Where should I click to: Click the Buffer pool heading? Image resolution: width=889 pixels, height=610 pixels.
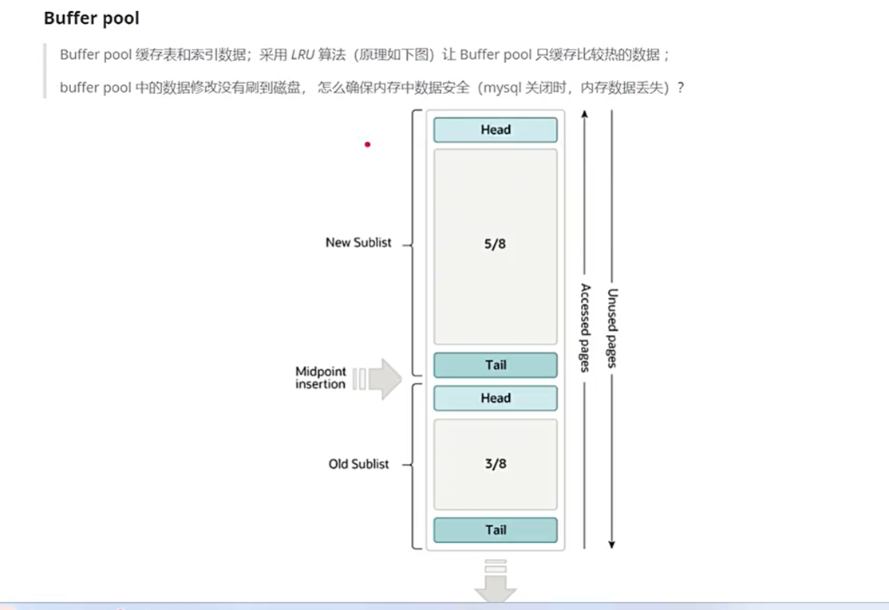pyautogui.click(x=91, y=18)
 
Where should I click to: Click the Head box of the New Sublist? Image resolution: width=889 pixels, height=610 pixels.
pyautogui.click(x=495, y=130)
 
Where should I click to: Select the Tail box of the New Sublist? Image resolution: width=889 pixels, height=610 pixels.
pyautogui.click(x=495, y=365)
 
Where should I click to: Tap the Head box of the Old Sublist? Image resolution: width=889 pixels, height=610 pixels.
pyautogui.click(x=495, y=399)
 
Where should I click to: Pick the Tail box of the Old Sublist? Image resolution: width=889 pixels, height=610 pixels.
pyautogui.click(x=495, y=530)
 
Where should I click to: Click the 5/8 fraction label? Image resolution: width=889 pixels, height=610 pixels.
pyautogui.click(x=495, y=244)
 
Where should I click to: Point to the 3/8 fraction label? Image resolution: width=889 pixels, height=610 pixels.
pyautogui.click(x=495, y=463)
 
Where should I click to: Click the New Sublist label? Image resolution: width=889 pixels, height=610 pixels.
pyautogui.click(x=358, y=242)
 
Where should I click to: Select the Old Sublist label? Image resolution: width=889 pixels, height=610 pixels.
pyautogui.click(x=358, y=464)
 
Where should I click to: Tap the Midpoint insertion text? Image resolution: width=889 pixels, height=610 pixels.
pyautogui.click(x=320, y=378)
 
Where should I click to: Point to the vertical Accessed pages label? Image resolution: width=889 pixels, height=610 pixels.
pyautogui.click(x=585, y=328)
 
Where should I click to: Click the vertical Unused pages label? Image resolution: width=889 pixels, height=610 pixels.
pyautogui.click(x=612, y=328)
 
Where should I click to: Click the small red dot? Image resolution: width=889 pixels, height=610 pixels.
pyautogui.click(x=367, y=144)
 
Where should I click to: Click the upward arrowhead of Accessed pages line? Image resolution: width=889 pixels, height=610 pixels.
pyautogui.click(x=585, y=113)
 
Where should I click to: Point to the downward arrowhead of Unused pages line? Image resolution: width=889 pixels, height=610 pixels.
pyautogui.click(x=612, y=545)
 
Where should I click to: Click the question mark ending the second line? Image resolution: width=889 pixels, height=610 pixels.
pyautogui.click(x=680, y=88)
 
